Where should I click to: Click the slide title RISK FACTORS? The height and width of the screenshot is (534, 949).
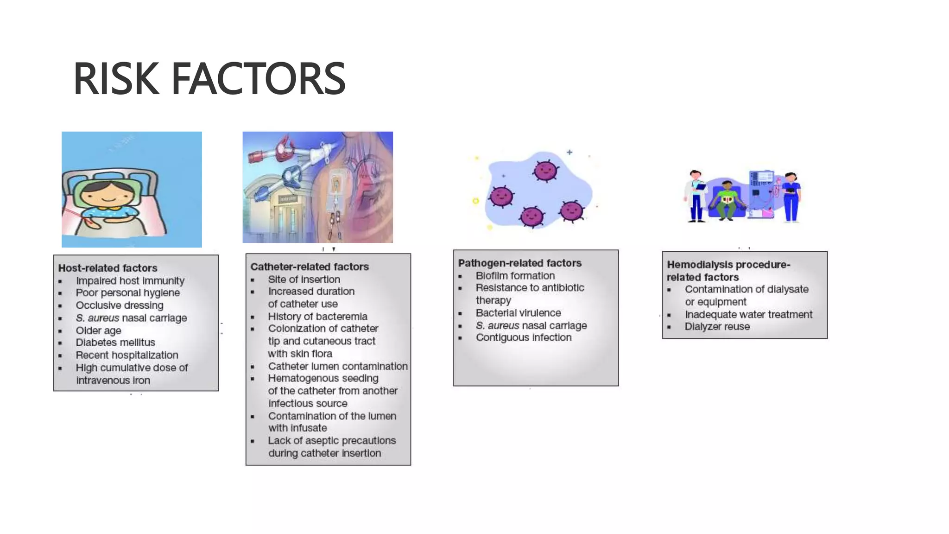pyautogui.click(x=209, y=79)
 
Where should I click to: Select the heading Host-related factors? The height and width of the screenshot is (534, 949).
pyautogui.click(x=108, y=268)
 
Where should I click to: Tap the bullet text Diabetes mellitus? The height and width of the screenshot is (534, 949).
pyautogui.click(x=115, y=343)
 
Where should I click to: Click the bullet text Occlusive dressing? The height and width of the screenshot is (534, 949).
pyautogui.click(x=120, y=305)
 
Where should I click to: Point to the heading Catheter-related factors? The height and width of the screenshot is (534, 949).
pyautogui.click(x=310, y=267)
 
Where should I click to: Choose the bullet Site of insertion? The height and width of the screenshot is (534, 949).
pyautogui.click(x=304, y=280)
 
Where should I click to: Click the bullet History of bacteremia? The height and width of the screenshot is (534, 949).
pyautogui.click(x=317, y=317)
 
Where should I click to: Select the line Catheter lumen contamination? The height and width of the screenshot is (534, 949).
pyautogui.click(x=337, y=366)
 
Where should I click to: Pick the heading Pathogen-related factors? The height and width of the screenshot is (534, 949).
pyautogui.click(x=519, y=263)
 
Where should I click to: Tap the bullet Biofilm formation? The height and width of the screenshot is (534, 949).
pyautogui.click(x=515, y=276)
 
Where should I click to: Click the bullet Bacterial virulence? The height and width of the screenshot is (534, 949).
pyautogui.click(x=518, y=313)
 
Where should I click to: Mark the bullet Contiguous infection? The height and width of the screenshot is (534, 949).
pyautogui.click(x=523, y=337)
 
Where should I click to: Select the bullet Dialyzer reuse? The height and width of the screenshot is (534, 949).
pyautogui.click(x=717, y=326)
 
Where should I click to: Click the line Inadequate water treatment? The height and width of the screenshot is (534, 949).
pyautogui.click(x=748, y=314)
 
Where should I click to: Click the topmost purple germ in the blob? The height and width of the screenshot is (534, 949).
pyautogui.click(x=545, y=171)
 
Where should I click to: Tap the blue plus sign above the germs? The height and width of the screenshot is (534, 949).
pyautogui.click(x=569, y=152)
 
